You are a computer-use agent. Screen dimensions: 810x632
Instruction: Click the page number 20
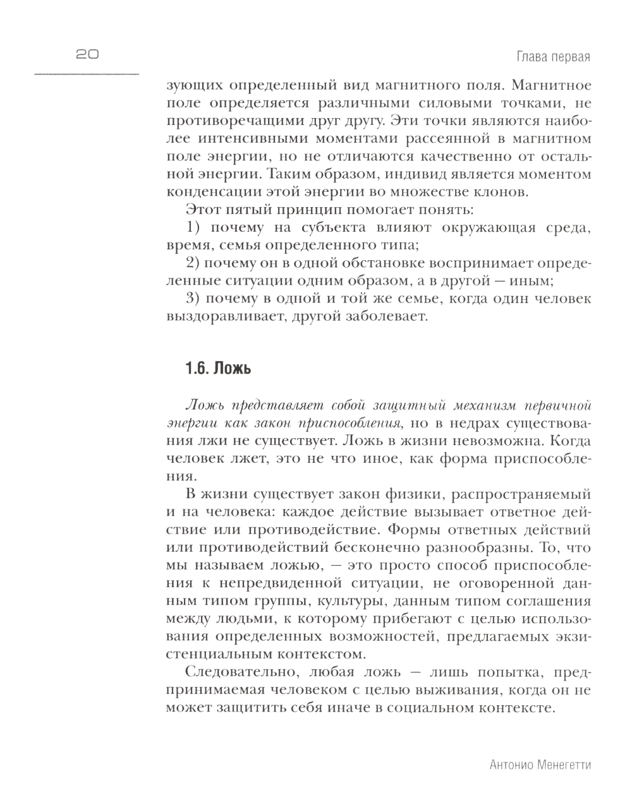pyautogui.click(x=87, y=55)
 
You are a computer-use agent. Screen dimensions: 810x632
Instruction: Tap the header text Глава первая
pyautogui.click(x=553, y=57)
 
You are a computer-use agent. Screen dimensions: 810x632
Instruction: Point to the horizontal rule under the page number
pyautogui.click(x=87, y=74)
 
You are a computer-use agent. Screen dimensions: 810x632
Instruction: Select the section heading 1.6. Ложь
pyautogui.click(x=218, y=368)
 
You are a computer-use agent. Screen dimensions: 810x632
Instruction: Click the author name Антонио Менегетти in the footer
pyautogui.click(x=540, y=765)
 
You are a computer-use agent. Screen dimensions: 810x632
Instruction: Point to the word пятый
pyautogui.click(x=258, y=210)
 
